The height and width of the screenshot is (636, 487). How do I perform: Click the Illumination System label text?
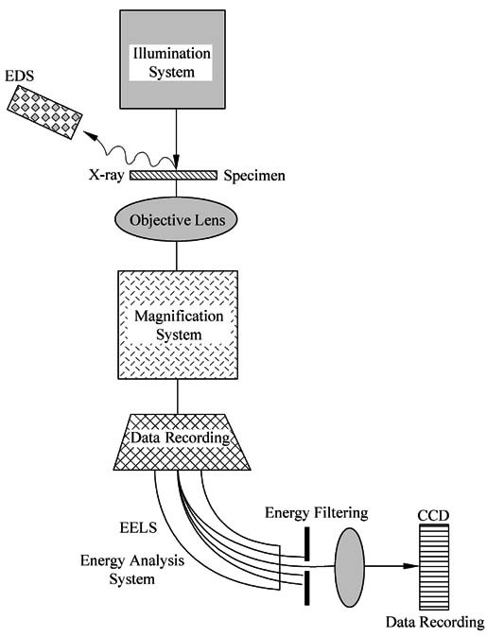[x=172, y=62]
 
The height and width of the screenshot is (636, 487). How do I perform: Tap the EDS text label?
[x=19, y=76]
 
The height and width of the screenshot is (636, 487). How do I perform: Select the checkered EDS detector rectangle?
[x=44, y=112]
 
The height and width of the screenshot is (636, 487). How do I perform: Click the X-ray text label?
[x=106, y=175]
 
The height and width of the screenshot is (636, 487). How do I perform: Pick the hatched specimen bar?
[x=173, y=175]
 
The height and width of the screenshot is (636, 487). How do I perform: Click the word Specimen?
[x=254, y=176]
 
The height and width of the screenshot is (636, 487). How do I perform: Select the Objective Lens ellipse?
[x=176, y=219]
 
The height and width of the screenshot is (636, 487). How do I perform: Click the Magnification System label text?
[x=179, y=325]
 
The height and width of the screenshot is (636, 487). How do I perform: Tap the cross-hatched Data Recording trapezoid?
[x=182, y=441]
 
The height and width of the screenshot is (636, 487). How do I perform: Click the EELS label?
[x=138, y=527]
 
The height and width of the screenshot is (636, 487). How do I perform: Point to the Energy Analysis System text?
[x=131, y=570]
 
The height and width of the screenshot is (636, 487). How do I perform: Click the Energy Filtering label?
[x=317, y=513]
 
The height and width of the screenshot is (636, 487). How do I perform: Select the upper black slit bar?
[x=307, y=543]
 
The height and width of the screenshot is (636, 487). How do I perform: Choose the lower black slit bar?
[x=307, y=588]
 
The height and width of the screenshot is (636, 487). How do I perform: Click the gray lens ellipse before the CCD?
[x=350, y=567]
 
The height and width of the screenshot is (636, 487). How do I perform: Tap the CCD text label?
[x=433, y=516]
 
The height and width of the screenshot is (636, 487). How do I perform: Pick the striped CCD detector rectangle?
[x=434, y=567]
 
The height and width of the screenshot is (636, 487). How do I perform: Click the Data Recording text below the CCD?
[x=435, y=622]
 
